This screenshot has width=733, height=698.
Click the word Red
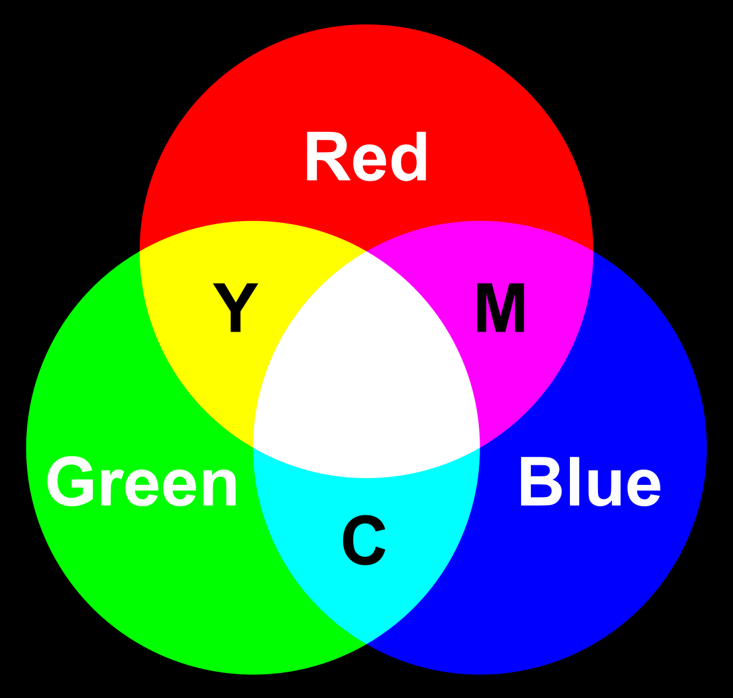click(366, 159)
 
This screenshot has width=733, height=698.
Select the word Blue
click(589, 484)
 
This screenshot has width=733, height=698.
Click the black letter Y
click(236, 308)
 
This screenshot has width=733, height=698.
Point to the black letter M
click(500, 308)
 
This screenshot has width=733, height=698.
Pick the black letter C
click(364, 541)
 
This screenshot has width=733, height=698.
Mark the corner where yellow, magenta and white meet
click(366, 252)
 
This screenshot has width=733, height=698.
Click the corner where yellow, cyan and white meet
click(253, 448)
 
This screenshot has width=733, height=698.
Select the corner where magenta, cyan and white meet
click(480, 448)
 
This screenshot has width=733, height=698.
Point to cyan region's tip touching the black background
click(366, 643)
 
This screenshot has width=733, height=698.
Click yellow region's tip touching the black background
click(140, 251)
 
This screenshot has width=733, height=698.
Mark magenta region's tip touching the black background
click(593, 251)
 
